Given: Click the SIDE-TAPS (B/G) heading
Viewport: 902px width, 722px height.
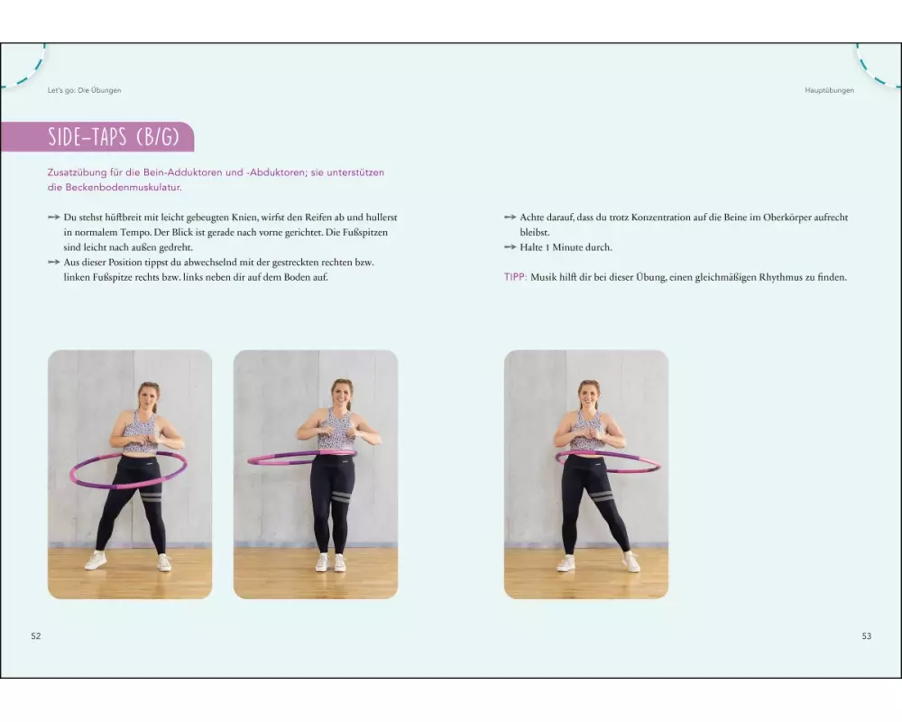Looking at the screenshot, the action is point(114,137).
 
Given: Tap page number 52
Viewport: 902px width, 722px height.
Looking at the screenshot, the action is point(36,635).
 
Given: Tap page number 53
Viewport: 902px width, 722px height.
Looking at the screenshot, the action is point(866,635).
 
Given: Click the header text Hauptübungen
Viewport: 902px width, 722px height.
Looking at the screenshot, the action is point(829,90).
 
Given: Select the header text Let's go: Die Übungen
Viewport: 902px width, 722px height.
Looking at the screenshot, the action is point(84,90).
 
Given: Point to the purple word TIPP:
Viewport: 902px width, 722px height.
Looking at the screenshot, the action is point(515,277).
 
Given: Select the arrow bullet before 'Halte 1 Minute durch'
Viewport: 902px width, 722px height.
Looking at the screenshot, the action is point(510,247).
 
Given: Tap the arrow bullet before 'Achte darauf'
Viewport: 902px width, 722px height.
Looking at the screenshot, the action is point(510,218).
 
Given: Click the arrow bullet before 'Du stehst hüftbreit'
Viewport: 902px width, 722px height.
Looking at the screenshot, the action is point(53,218).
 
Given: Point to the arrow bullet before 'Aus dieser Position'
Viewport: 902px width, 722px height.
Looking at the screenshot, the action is point(53,262).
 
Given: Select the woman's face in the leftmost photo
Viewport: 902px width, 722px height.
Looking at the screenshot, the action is point(148,398).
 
